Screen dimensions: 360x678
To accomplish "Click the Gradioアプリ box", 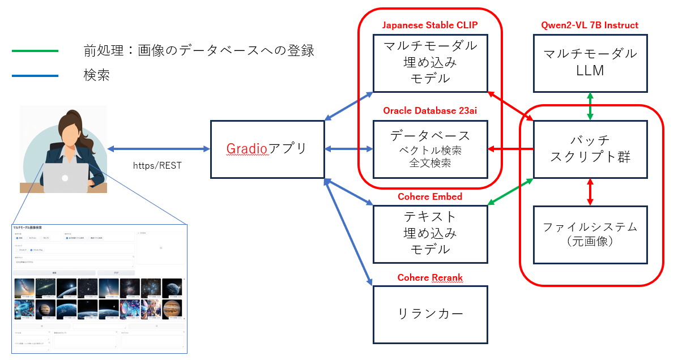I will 267,149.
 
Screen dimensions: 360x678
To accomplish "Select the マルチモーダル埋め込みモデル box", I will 430,62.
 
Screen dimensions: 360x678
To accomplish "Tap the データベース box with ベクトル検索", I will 430,149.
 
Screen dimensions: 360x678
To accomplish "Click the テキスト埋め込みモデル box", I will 430,234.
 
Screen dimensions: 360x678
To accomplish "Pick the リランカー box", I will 430,314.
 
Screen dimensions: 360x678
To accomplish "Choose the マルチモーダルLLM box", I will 590,62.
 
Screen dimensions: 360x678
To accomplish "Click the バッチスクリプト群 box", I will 590,149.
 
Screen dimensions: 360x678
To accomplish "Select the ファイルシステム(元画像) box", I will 590,234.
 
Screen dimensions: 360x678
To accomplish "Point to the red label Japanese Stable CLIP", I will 430,25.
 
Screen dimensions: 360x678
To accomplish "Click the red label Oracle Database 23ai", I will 430,110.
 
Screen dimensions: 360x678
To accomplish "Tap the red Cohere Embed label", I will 430,197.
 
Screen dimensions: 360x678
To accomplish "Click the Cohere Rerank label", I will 430,278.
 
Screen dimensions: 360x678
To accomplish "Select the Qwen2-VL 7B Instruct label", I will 590,25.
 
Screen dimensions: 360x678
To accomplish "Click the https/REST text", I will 157,165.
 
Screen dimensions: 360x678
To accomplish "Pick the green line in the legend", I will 35,52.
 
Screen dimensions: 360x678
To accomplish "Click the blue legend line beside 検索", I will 35,75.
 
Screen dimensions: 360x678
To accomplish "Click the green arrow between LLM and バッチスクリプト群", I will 590,106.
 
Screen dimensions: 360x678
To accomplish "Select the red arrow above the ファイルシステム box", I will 590,191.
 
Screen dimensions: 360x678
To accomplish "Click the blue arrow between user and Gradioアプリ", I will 159,149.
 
